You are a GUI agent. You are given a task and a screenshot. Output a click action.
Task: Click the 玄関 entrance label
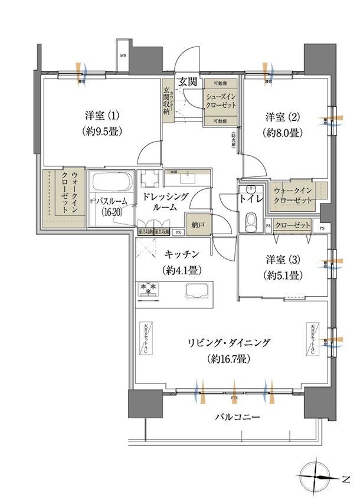[x=188, y=82]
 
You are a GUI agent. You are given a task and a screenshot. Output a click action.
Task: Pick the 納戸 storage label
[x=198, y=224]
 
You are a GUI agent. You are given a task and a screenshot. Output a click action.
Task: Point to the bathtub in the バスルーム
[x=112, y=181]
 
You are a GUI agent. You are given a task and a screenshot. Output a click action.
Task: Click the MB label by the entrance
[x=123, y=56]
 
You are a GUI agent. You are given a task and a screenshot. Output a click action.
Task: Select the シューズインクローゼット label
[x=221, y=100]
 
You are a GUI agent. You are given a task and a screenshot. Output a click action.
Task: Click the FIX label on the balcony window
[x=234, y=399]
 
